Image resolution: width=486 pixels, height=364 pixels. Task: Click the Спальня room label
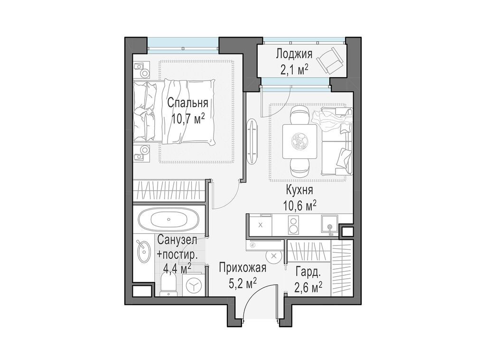187,103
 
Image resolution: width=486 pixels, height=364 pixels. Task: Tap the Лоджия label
294,55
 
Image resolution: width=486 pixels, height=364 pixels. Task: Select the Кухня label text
299,190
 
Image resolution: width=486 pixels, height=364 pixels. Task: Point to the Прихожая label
243,267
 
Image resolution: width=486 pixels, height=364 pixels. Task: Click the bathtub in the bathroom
168,219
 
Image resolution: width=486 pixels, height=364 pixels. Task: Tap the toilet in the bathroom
168,285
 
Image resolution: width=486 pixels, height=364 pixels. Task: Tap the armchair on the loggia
331,60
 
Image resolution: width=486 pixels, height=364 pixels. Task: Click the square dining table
299,141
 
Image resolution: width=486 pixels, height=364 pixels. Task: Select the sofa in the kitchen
336,141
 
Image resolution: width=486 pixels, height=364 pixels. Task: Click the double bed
174,111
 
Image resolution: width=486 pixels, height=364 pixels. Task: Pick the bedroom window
183,45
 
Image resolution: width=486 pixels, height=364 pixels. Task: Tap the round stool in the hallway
274,255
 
